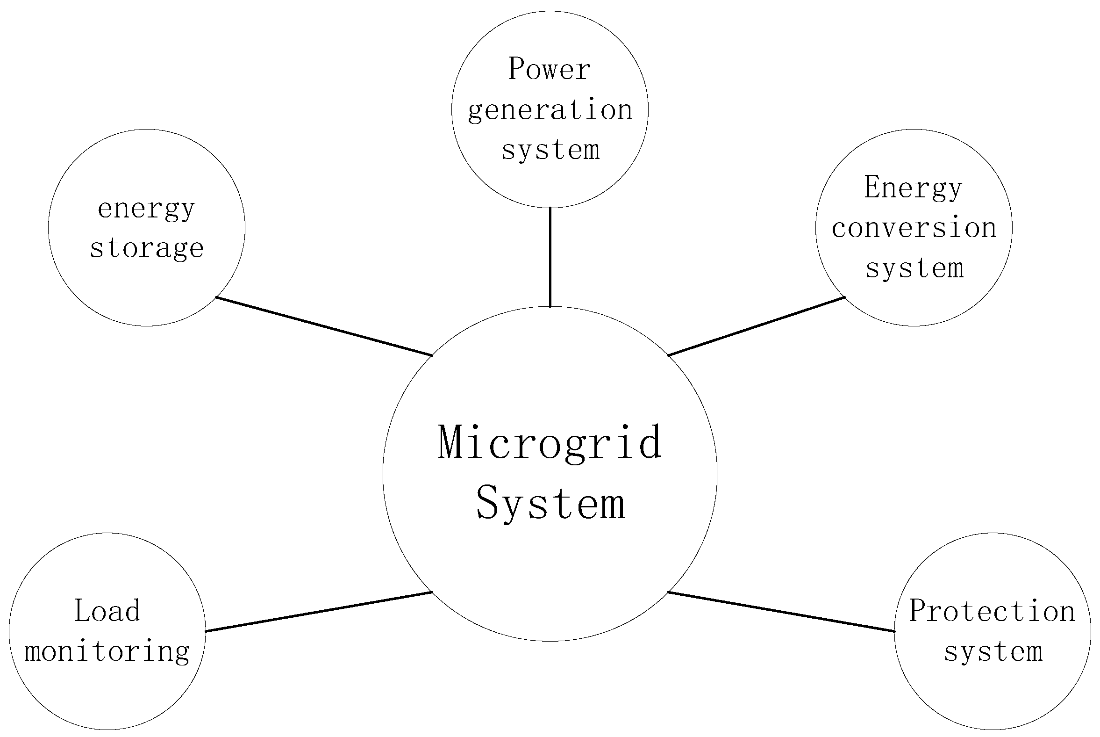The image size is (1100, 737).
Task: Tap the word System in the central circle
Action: coord(550,504)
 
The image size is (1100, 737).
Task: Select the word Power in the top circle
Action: coord(550,70)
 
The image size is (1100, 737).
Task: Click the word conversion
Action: coord(914,228)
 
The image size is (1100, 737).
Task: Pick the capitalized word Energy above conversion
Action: coord(914,188)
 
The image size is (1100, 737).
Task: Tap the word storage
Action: coord(147,248)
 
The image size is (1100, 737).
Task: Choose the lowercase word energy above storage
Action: coord(147,209)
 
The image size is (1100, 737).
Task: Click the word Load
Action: coord(107,611)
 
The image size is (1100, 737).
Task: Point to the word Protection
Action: coord(992,611)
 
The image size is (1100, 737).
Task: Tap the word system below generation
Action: coord(550,151)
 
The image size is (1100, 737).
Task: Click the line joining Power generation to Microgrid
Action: coord(550,257)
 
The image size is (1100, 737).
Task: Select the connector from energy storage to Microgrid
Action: coord(324,326)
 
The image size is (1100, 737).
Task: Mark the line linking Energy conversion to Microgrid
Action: coord(756,326)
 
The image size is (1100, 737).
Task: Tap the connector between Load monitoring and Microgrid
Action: coord(319,612)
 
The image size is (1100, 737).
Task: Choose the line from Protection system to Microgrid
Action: coord(781,612)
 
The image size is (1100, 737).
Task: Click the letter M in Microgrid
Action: coord(454,442)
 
